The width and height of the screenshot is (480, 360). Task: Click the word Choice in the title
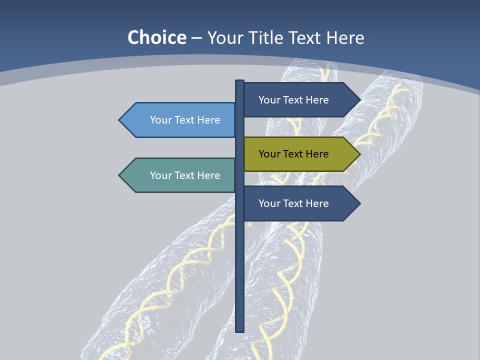[157, 37]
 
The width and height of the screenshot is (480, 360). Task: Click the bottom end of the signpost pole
[240, 330]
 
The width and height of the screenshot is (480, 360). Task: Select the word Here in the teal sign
[208, 175]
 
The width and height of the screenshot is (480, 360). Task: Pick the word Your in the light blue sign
[161, 120]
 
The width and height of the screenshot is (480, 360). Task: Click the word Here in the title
[345, 37]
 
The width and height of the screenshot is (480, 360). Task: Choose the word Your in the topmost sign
[269, 100]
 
